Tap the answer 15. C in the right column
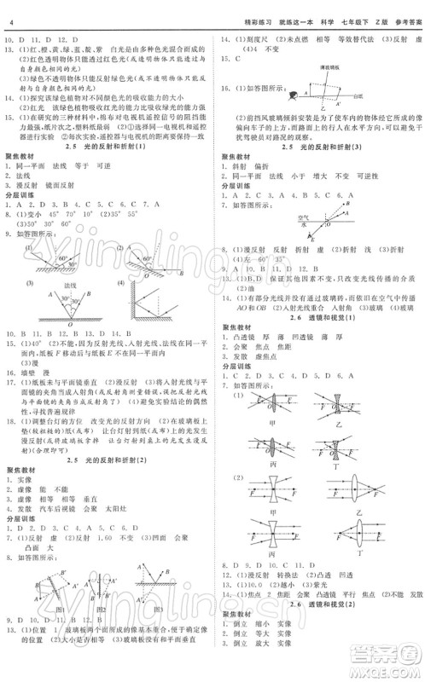click(x=224, y=59)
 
